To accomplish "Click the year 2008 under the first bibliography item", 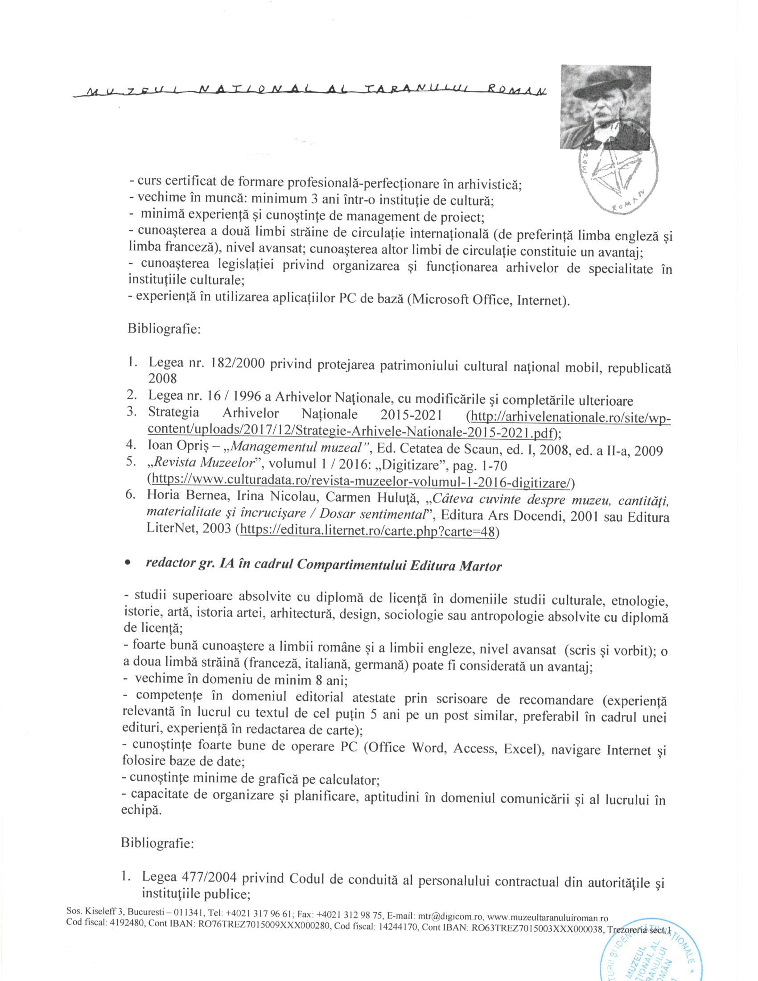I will pos(162,378).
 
